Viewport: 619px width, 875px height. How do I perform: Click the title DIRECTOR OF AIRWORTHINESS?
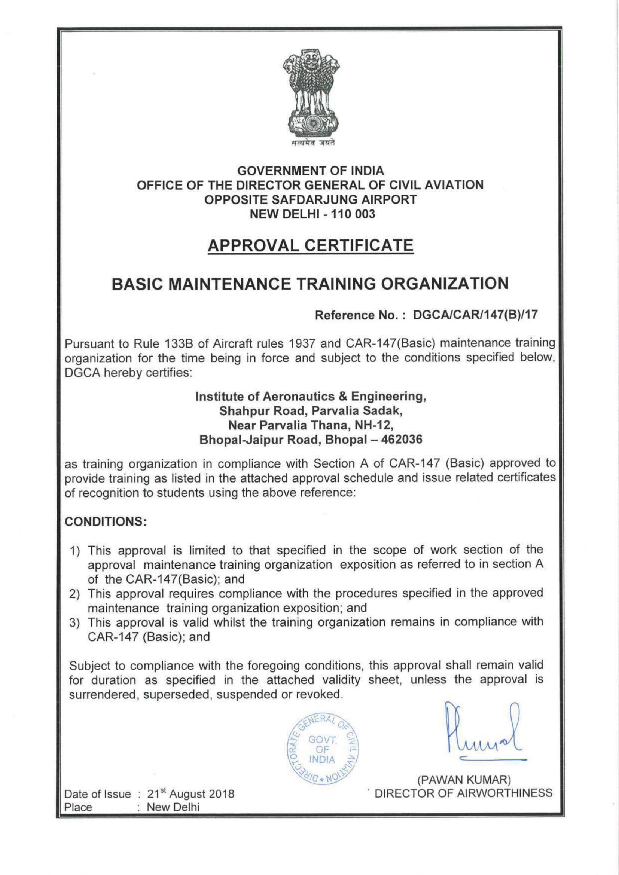pyautogui.click(x=463, y=793)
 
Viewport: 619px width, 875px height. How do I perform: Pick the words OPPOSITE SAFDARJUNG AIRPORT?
pyautogui.click(x=310, y=200)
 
